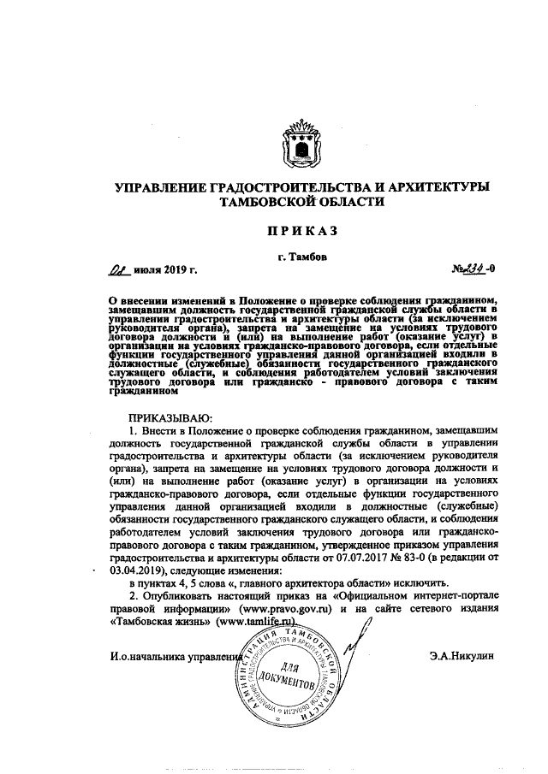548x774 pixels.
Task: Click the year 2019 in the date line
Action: click(x=171, y=272)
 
